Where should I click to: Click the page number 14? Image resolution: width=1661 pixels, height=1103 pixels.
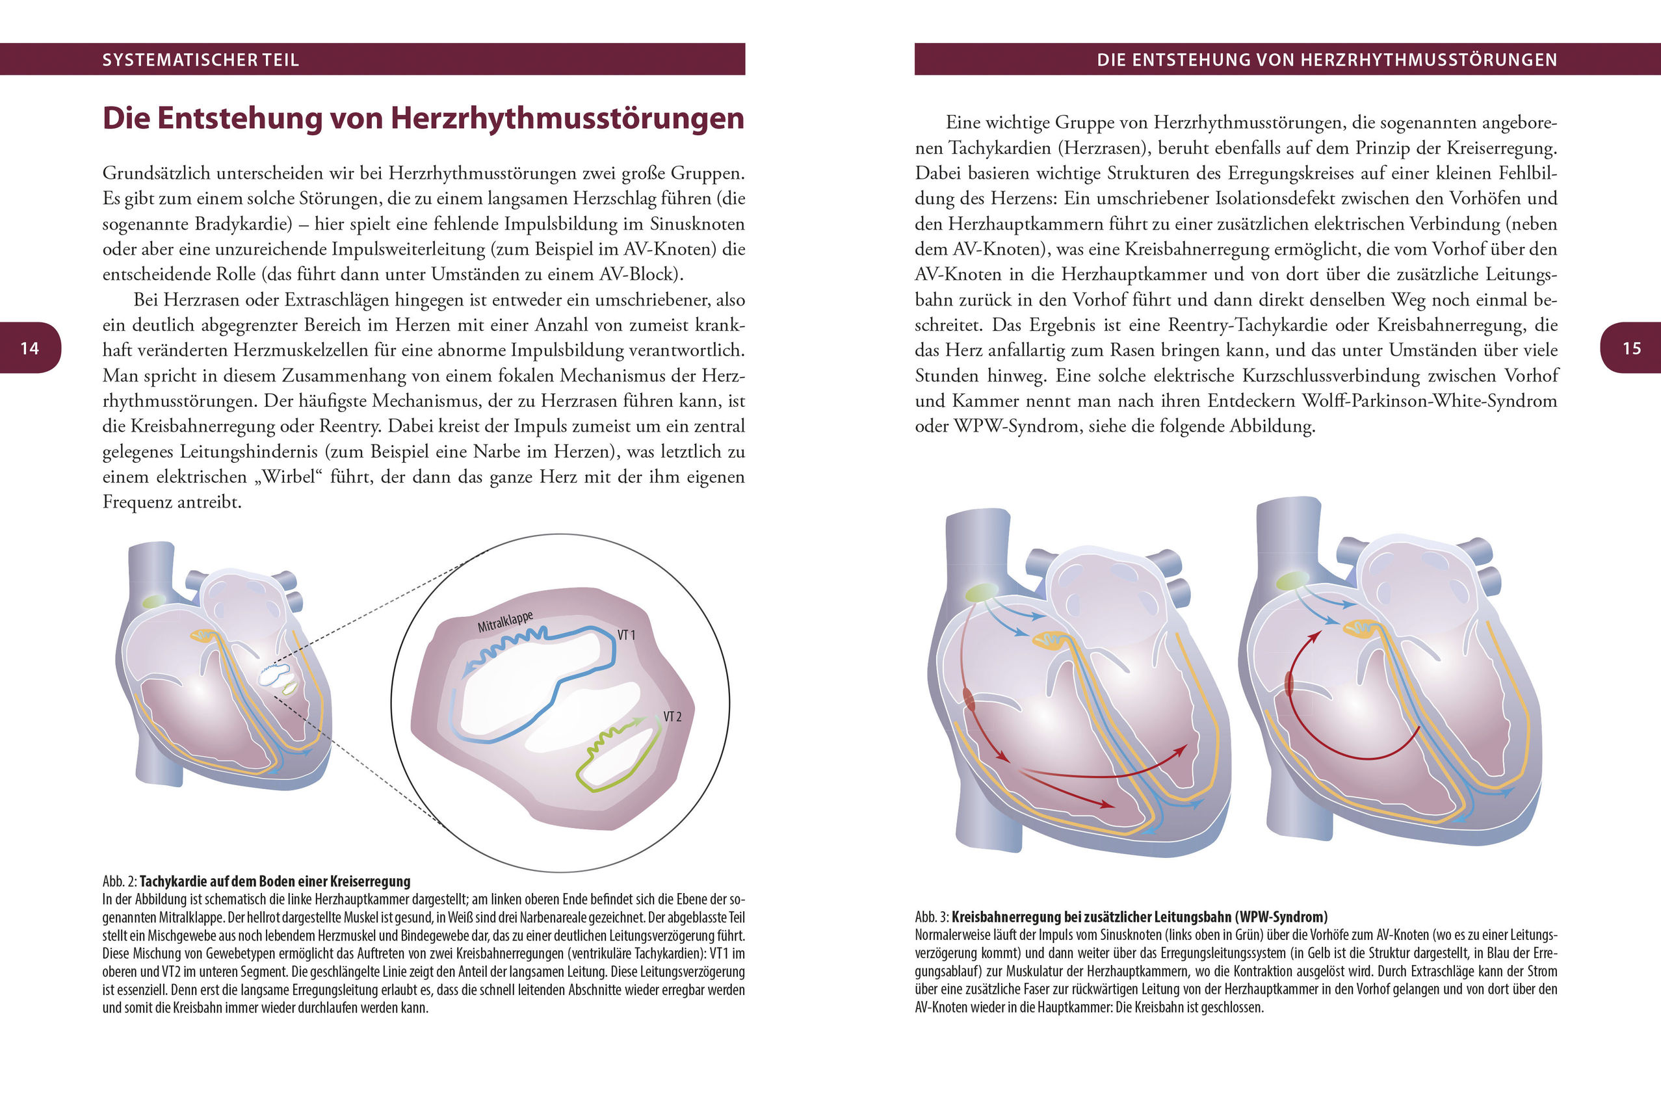(29, 348)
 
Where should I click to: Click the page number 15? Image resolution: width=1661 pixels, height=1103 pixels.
(1632, 348)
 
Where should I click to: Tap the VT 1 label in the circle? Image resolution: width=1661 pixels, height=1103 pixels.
(626, 635)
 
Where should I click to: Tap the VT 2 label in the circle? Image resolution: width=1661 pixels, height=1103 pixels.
(673, 717)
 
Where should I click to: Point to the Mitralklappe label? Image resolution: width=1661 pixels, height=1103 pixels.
(505, 622)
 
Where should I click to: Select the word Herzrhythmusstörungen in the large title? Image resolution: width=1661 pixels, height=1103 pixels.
(567, 118)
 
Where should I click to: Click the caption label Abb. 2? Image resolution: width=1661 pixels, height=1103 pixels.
(120, 881)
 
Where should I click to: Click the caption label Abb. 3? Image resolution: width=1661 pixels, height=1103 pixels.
(932, 917)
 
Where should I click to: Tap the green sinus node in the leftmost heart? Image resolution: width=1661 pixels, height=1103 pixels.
(154, 601)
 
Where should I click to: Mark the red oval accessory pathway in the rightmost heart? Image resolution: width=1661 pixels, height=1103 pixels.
(1290, 684)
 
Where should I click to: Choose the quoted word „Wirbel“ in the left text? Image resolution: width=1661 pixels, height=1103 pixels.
(288, 477)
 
